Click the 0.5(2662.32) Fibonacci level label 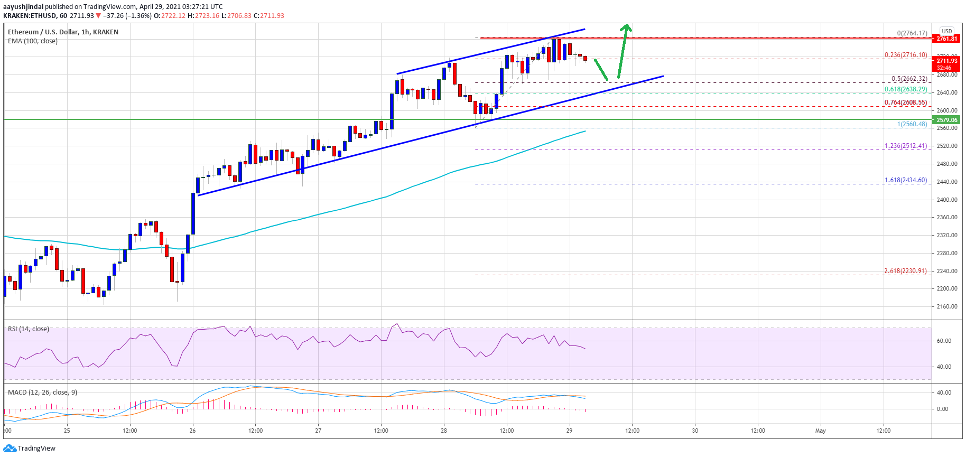coord(909,79)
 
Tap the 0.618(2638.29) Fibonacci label coord(906,89)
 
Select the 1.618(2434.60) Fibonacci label coord(906,180)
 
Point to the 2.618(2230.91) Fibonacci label coord(905,271)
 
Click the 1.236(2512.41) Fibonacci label coord(906,146)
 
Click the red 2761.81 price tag coord(947,39)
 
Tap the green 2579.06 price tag coord(947,120)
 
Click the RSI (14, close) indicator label coord(29,329)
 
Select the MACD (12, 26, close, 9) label coord(42,392)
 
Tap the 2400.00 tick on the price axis coord(947,200)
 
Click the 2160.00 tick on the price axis coord(947,306)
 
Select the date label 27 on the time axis coord(318,431)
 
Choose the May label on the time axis coord(820,431)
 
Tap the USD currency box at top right coord(947,31)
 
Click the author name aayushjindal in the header coord(23,7)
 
